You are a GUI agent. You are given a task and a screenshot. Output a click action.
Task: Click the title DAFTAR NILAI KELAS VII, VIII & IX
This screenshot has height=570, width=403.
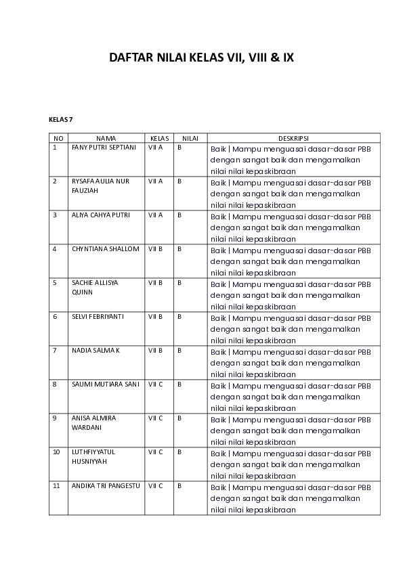(201, 58)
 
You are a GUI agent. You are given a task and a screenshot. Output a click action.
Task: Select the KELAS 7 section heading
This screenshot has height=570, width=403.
(60, 120)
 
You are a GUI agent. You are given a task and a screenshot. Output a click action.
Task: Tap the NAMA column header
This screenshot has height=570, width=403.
(106, 137)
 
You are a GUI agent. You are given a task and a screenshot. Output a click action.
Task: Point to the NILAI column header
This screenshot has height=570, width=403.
(190, 137)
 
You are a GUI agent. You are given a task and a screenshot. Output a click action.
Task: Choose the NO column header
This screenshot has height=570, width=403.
(58, 137)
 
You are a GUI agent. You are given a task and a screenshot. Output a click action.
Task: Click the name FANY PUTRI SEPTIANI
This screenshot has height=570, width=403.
(104, 147)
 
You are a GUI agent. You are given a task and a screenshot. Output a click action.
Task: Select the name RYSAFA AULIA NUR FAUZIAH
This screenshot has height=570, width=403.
(100, 186)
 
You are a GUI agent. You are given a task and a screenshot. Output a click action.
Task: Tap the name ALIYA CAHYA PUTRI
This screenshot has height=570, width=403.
(101, 215)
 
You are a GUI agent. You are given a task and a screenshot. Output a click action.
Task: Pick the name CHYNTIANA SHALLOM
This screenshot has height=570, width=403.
(105, 248)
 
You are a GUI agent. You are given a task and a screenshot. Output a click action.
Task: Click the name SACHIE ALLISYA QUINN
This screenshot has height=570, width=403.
(95, 288)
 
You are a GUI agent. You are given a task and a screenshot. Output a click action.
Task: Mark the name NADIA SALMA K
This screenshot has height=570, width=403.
(96, 350)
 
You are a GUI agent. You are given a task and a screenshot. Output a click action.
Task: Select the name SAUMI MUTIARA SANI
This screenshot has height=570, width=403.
(105, 384)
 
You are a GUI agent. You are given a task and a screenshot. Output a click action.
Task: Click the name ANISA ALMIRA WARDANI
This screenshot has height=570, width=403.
(93, 423)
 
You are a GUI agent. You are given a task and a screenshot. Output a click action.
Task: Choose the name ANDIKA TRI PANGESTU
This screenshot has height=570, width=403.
(105, 485)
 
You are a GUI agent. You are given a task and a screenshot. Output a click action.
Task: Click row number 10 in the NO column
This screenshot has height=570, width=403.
(56, 452)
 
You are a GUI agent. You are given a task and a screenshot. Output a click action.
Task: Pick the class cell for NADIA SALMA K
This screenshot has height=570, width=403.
(156, 350)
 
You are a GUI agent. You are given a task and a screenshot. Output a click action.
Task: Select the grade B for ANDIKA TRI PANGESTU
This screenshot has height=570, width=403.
(179, 485)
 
